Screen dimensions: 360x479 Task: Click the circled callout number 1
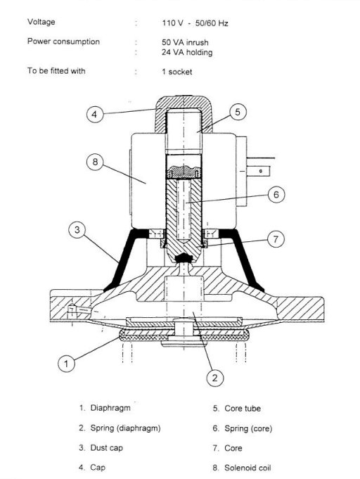(66, 364)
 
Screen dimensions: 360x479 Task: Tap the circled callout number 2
(215, 378)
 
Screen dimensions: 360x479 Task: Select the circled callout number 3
(77, 230)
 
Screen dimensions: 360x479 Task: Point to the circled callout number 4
(95, 114)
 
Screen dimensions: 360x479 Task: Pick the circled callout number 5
(238, 112)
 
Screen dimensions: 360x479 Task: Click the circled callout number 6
(276, 195)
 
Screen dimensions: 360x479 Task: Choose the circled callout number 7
(276, 239)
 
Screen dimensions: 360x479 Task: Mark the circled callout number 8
(95, 162)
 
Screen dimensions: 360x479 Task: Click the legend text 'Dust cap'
(107, 448)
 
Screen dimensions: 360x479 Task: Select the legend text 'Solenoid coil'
(247, 468)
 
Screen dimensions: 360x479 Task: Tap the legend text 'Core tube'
(243, 409)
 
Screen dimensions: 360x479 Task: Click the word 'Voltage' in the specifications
(41, 22)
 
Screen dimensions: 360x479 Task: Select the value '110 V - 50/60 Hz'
(195, 23)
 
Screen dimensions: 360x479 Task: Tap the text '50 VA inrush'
(185, 42)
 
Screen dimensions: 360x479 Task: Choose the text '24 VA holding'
(187, 52)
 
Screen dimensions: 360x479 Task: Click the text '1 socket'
(177, 72)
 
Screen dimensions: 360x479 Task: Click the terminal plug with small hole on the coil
(258, 171)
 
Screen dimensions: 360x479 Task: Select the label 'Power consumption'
(63, 41)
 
